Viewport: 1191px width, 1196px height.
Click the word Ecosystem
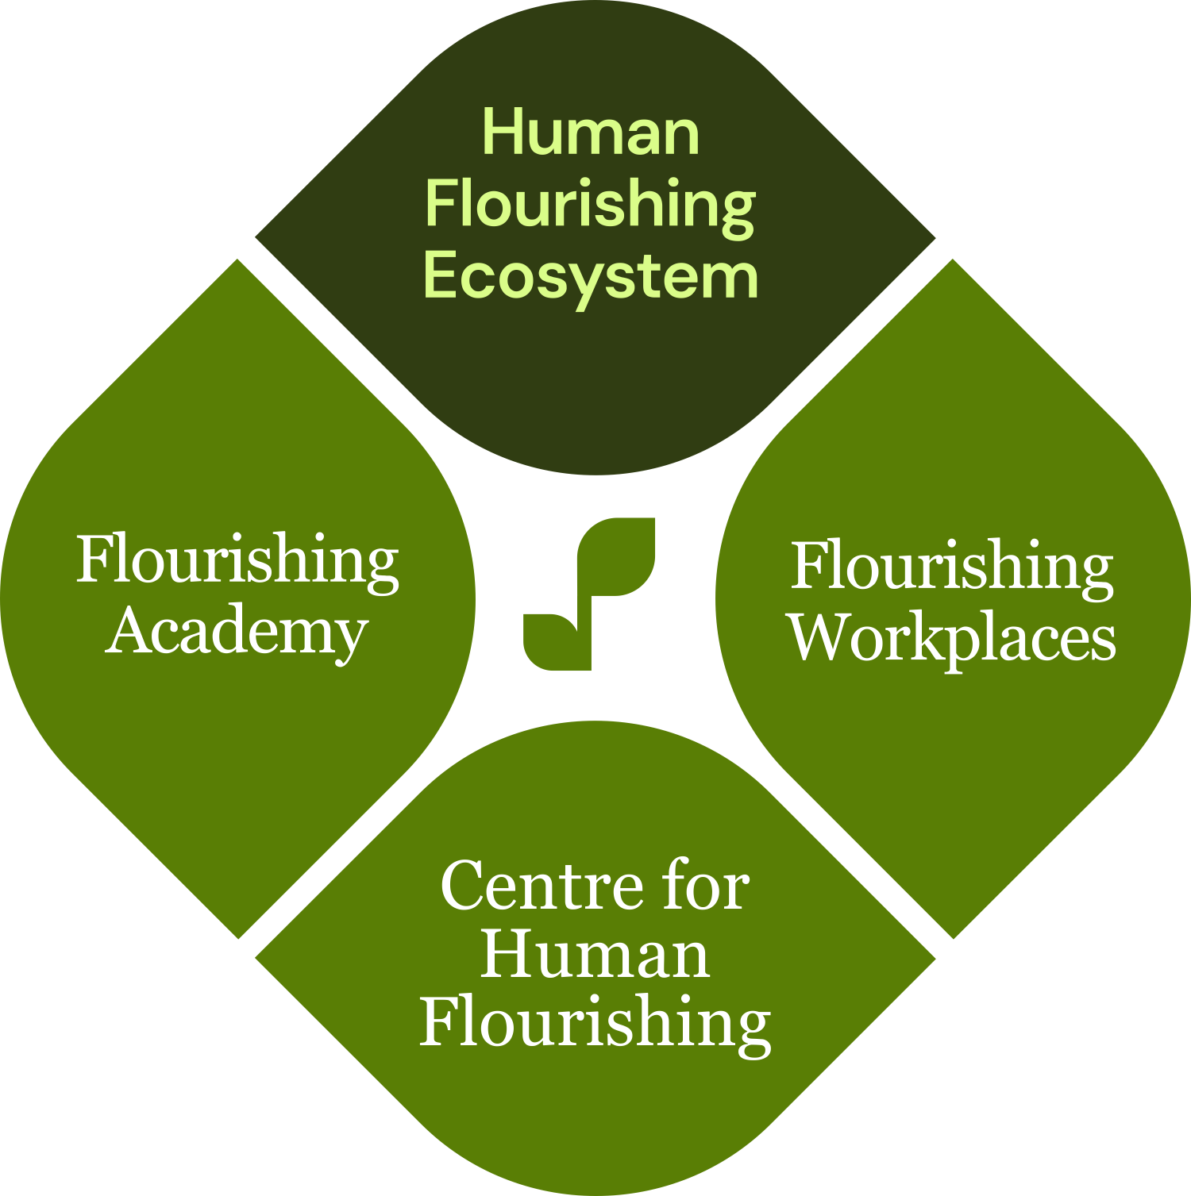[591, 276]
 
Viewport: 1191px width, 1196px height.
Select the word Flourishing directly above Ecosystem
[591, 204]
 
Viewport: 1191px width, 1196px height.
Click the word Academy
[237, 633]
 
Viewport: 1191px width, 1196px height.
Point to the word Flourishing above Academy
[237, 560]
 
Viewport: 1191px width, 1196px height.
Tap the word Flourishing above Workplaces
[952, 566]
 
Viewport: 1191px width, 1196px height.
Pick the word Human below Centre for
[595, 955]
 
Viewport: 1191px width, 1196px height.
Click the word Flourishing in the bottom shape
[595, 1023]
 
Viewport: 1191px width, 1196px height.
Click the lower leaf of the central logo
[556, 640]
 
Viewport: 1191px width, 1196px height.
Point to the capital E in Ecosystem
[441, 275]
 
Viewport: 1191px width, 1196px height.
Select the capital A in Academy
[128, 632]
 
